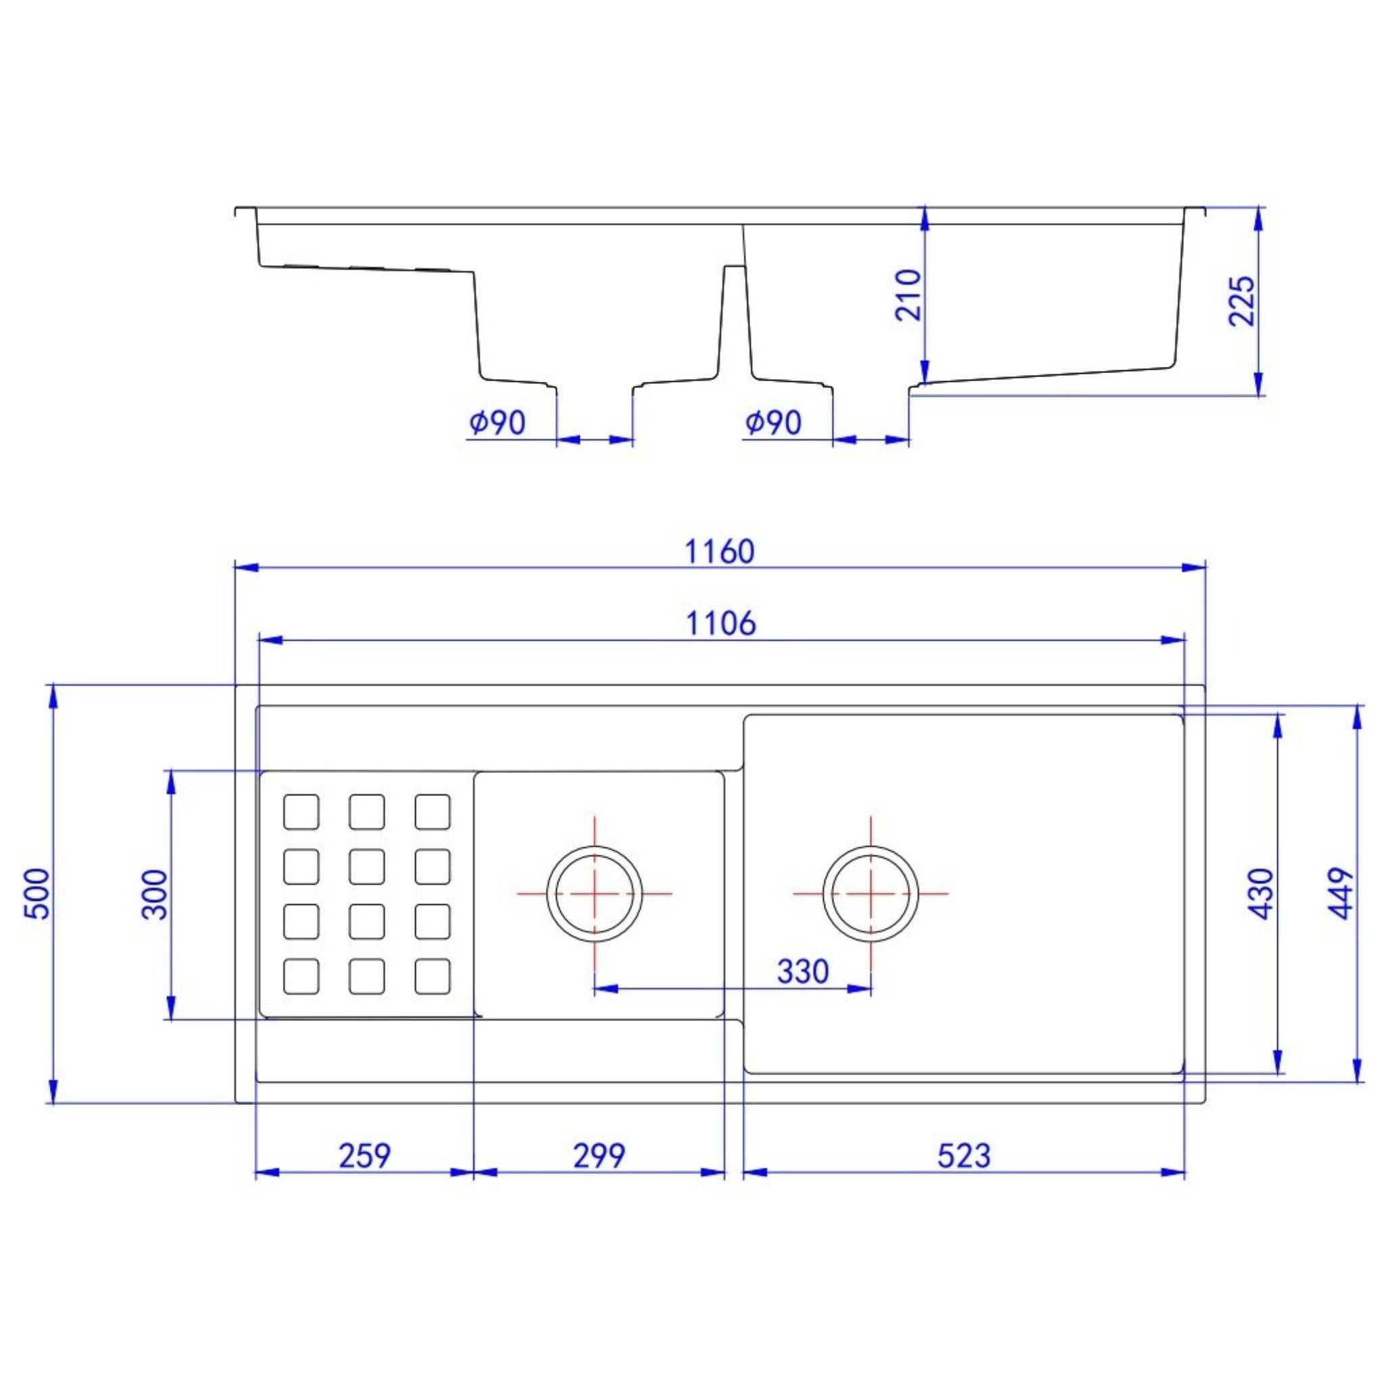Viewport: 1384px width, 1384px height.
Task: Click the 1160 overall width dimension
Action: pos(719,551)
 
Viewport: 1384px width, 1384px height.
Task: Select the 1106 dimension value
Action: pos(720,624)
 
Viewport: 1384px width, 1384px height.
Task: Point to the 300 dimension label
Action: pos(155,894)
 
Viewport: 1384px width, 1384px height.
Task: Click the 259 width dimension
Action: pos(365,1156)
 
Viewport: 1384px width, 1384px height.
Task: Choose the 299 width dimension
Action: pos(599,1156)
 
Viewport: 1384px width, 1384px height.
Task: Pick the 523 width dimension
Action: pos(964,1156)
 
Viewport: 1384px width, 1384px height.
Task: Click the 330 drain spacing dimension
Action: pos(802,971)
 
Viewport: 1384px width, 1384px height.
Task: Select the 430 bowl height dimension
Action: pos(1262,893)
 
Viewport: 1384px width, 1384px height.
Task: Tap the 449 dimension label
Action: pos(1341,893)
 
